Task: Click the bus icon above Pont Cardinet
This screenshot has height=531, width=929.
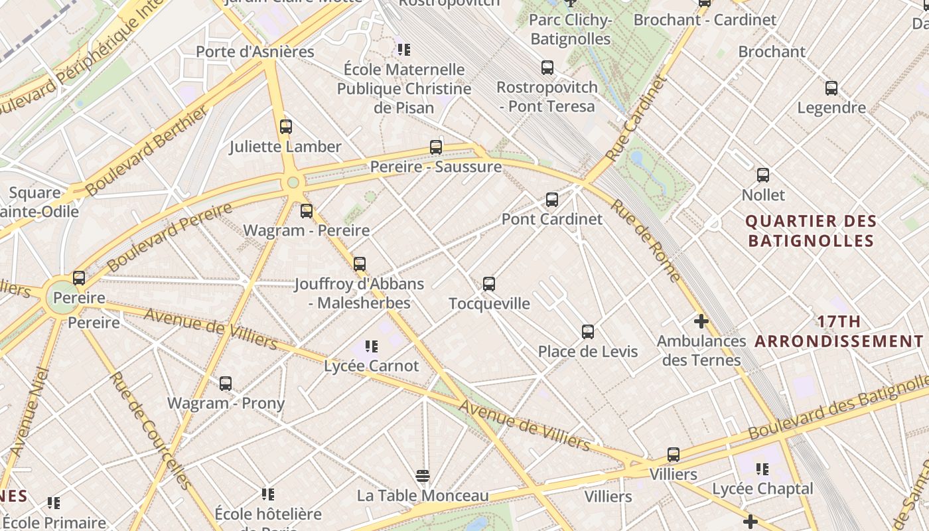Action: [551, 199]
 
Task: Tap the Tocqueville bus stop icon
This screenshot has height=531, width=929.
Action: [489, 284]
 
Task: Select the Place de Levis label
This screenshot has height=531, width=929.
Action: [587, 352]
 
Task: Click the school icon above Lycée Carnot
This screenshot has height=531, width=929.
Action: [372, 346]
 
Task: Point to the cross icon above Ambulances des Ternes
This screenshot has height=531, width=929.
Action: [701, 322]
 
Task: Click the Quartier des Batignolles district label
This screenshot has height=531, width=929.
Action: [811, 230]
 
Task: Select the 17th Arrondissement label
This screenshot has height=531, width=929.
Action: [839, 332]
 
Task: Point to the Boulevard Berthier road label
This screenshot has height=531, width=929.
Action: [146, 151]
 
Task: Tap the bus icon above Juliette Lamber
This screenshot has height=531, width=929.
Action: [286, 126]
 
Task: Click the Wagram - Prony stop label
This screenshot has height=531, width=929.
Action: [226, 403]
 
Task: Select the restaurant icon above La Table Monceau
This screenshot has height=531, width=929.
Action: [423, 475]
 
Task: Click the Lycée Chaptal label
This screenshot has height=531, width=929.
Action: [762, 489]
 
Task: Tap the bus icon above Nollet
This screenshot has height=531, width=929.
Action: [763, 175]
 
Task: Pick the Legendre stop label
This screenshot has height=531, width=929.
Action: [831, 108]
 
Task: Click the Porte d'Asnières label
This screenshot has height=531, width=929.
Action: [255, 51]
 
